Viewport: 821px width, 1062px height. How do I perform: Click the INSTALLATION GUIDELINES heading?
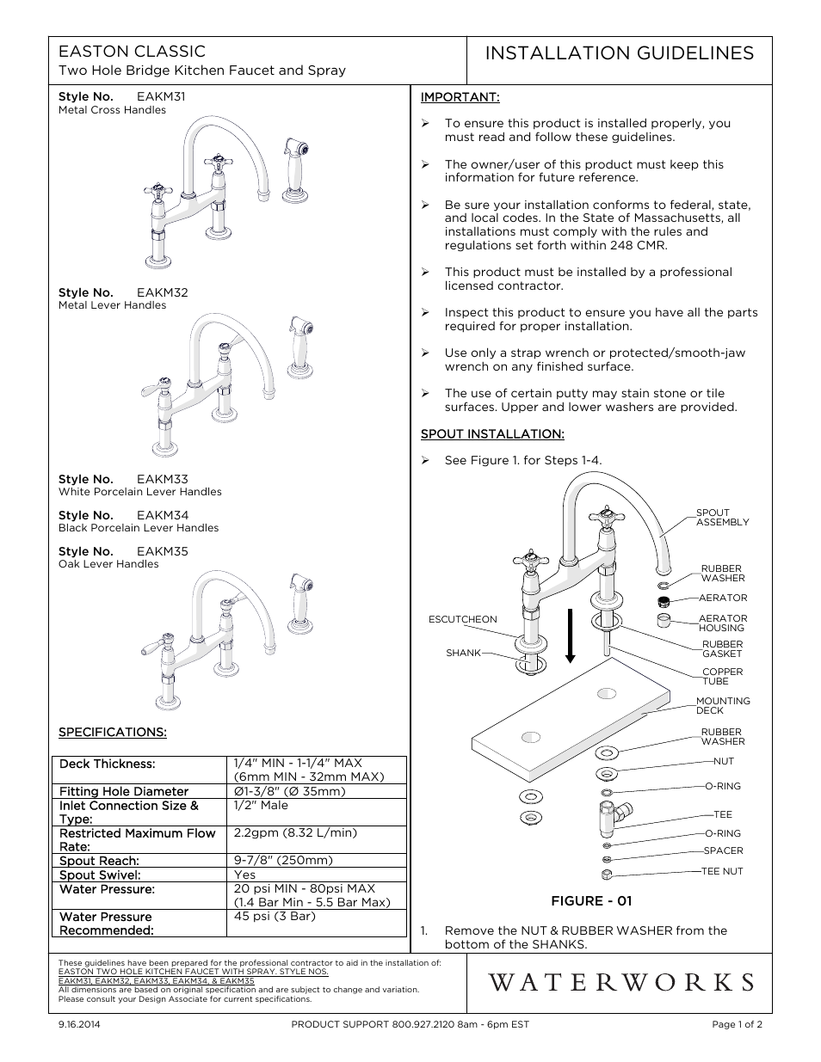click(619, 53)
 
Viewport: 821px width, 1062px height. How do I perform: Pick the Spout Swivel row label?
click(99, 875)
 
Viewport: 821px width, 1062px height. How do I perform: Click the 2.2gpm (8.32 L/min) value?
click(295, 833)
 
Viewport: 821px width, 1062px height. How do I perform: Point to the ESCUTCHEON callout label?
click(462, 619)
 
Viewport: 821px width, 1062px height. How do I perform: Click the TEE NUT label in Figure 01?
click(721, 871)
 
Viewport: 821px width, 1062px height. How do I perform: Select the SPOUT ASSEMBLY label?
click(721, 518)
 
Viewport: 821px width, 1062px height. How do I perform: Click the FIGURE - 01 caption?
click(591, 901)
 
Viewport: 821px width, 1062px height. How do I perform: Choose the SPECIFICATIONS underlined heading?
click(112, 733)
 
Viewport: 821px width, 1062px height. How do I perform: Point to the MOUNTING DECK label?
click(722, 706)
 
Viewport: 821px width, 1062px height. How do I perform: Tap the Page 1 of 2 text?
click(737, 1024)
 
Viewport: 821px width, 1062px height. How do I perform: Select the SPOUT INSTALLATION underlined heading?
click(492, 434)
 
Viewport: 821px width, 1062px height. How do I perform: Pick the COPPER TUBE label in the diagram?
click(721, 677)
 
